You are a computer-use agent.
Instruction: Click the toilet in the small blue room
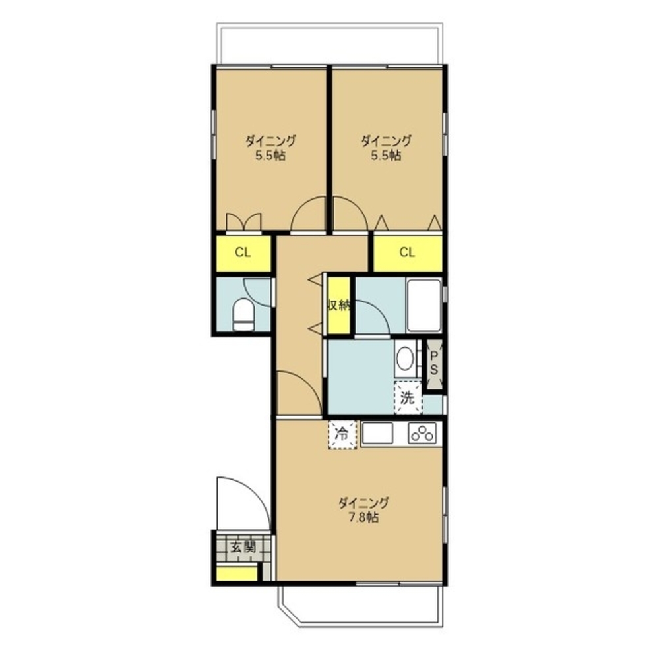point(243,314)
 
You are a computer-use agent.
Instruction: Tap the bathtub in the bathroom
point(424,306)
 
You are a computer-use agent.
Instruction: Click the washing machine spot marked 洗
point(408,397)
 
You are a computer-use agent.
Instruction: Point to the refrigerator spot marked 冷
point(342,434)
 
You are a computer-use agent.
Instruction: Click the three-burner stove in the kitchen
point(422,434)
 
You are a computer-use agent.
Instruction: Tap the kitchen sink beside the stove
point(377,433)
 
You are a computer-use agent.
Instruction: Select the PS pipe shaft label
point(434,364)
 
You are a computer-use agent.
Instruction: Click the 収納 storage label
point(339,306)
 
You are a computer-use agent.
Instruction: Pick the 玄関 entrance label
point(243,547)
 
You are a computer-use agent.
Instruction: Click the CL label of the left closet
point(243,252)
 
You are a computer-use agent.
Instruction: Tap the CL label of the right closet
point(407,252)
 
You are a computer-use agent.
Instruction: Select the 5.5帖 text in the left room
point(270,156)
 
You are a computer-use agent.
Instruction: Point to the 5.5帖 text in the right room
point(385,156)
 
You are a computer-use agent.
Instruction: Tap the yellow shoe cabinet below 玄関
point(236,573)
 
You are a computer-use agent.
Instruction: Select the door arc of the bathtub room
point(379,315)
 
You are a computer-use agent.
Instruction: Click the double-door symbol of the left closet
point(243,222)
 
